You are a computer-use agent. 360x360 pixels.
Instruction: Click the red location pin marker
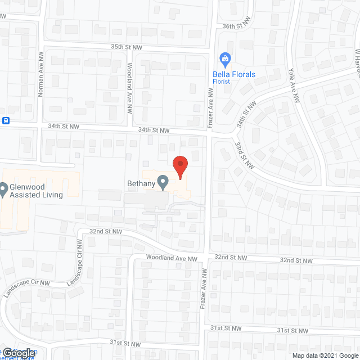point(179,166)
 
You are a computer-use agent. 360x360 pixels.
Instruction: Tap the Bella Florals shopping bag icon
point(225,58)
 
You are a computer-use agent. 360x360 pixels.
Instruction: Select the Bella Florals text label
point(233,74)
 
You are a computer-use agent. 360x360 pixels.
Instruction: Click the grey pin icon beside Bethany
point(163,182)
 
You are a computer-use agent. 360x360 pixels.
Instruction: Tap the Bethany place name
point(141,183)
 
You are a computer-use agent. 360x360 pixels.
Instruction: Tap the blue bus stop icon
point(6,120)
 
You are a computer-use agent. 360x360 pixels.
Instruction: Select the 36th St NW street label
point(236,26)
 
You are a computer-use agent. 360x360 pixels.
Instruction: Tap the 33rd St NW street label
point(244,155)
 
